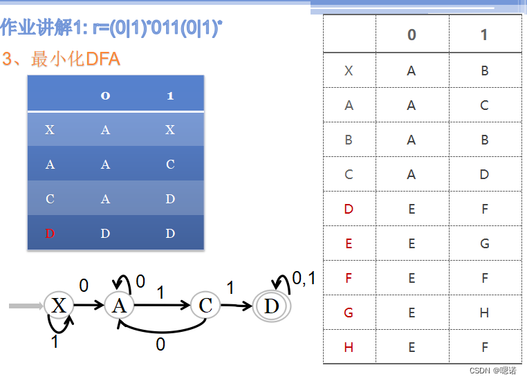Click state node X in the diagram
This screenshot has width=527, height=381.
(59, 305)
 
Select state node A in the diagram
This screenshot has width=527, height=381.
(119, 305)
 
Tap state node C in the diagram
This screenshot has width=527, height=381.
(205, 305)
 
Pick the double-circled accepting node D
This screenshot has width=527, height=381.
(271, 305)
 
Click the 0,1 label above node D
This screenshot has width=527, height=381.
(304, 279)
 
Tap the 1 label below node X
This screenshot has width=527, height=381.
(55, 341)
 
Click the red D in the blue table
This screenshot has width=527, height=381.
(50, 234)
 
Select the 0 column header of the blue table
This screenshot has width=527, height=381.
(105, 95)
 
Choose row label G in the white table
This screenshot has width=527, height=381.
(349, 313)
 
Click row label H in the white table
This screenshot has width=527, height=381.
(349, 347)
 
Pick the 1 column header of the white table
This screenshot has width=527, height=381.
(484, 35)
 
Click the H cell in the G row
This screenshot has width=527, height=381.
(484, 313)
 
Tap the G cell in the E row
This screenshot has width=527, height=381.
(484, 243)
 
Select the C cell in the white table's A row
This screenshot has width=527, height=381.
(484, 105)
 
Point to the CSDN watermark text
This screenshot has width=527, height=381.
(492, 371)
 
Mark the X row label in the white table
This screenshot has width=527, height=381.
(349, 71)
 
